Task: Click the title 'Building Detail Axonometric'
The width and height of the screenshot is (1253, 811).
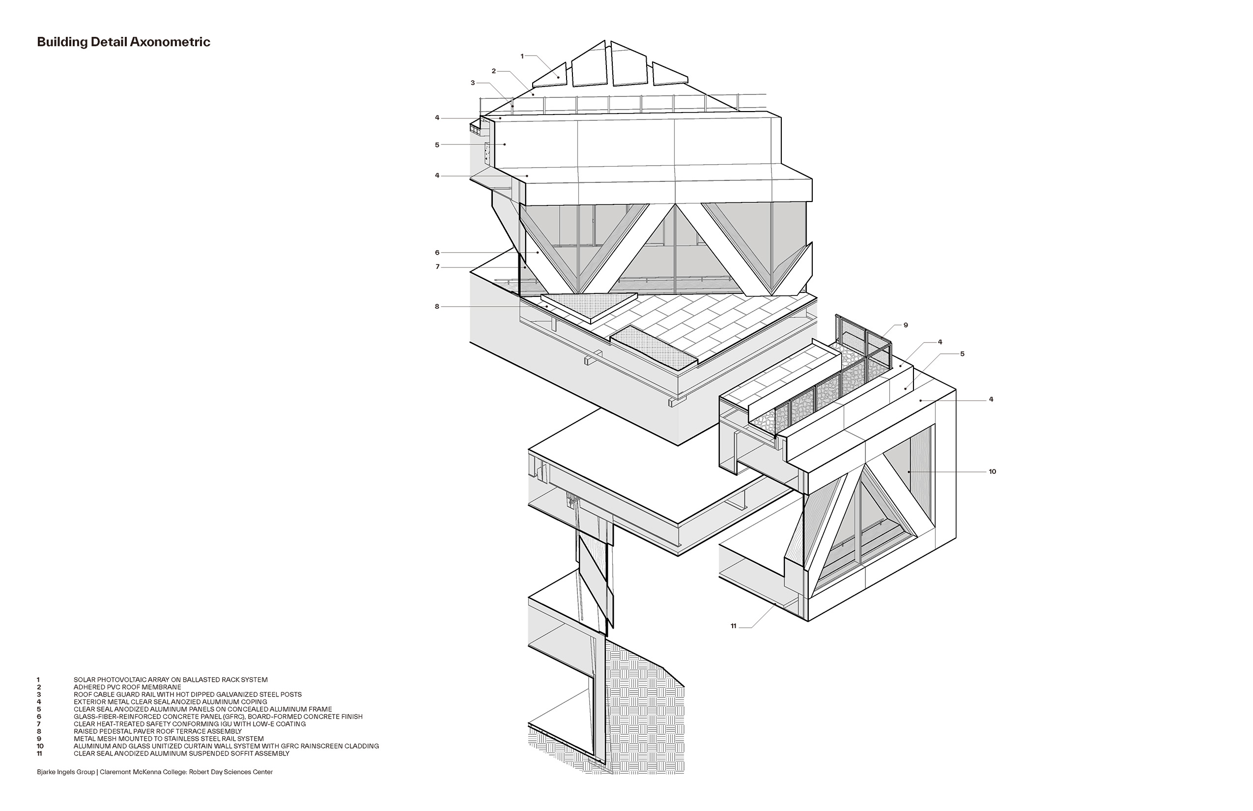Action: click(123, 43)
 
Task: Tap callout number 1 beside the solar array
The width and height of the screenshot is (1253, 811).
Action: click(522, 56)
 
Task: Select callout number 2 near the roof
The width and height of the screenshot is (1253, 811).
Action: click(494, 71)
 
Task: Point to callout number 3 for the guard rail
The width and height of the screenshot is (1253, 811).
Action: click(473, 83)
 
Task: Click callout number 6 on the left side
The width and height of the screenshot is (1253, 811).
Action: click(437, 253)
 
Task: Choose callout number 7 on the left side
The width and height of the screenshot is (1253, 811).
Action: click(437, 267)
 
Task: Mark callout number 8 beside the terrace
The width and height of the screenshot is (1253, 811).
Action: click(437, 307)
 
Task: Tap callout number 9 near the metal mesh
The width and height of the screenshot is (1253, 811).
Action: click(906, 325)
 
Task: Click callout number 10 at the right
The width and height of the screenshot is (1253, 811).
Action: click(992, 472)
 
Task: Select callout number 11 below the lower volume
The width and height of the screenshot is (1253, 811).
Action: click(733, 626)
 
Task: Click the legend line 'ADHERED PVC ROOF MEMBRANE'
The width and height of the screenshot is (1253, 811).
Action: click(127, 687)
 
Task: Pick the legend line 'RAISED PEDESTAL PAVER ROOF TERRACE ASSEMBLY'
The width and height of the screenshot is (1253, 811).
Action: click(157, 731)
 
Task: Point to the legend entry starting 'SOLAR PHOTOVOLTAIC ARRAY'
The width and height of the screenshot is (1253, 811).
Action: click(171, 680)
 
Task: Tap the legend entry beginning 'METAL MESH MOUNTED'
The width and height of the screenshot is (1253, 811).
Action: click(169, 739)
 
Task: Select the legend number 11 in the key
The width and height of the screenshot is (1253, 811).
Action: click(39, 753)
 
